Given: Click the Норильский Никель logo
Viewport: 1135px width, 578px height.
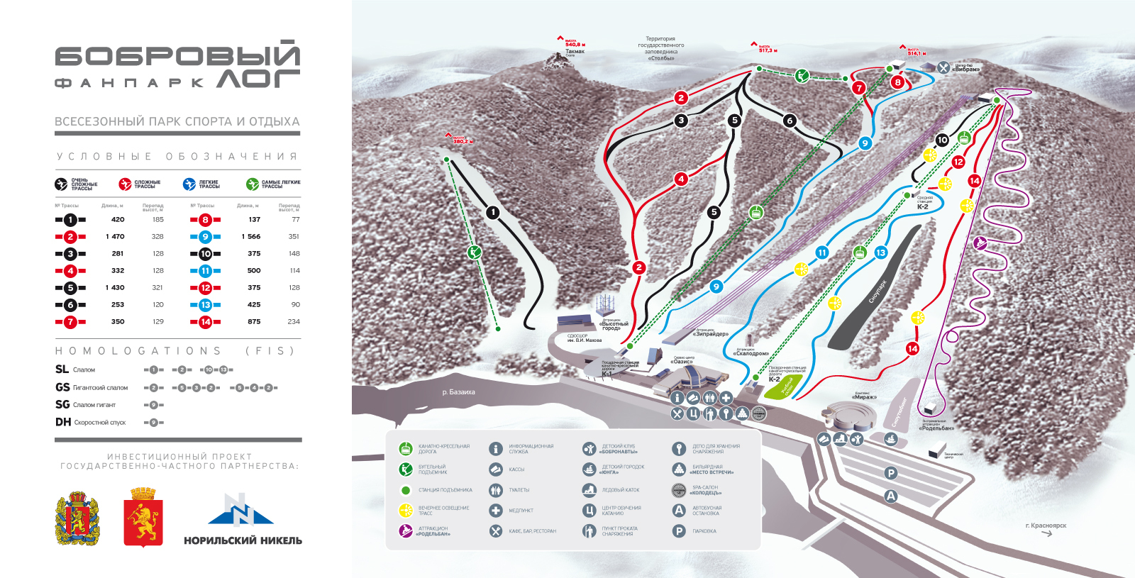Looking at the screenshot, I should [x=243, y=519].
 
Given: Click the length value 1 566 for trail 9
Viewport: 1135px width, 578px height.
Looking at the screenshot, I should [x=250, y=236].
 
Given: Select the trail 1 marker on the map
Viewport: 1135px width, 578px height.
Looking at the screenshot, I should [x=493, y=212].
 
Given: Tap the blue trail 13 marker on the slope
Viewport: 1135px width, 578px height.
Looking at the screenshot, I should [x=880, y=252].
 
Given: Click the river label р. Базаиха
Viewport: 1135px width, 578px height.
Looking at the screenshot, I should [x=458, y=391].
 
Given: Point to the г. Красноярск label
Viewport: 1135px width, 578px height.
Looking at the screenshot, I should [x=1046, y=526].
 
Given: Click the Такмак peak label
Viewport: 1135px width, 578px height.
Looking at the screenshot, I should [x=575, y=51].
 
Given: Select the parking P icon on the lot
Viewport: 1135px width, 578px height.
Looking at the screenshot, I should [x=891, y=473].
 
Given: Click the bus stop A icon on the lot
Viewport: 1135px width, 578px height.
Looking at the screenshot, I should [x=891, y=496].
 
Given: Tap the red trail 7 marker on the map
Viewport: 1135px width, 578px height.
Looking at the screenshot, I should [x=859, y=88].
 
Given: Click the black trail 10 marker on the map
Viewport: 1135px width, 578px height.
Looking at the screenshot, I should [x=942, y=140].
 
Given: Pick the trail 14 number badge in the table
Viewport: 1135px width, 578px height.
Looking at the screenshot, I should [x=205, y=321].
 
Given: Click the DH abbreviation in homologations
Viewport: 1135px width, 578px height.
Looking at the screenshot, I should [x=63, y=422].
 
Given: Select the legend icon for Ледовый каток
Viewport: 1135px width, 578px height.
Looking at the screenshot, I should [x=589, y=490].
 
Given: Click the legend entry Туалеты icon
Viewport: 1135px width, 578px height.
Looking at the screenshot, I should [x=496, y=490].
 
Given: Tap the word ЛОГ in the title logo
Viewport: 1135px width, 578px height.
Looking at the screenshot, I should [x=258, y=79].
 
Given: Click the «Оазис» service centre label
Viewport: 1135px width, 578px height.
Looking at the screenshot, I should [x=682, y=361].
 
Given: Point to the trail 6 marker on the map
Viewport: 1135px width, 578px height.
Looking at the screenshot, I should [x=790, y=121].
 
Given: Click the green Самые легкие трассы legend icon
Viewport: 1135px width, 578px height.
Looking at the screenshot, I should [x=253, y=184].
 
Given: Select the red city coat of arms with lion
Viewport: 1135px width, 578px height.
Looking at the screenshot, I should [x=143, y=517].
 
